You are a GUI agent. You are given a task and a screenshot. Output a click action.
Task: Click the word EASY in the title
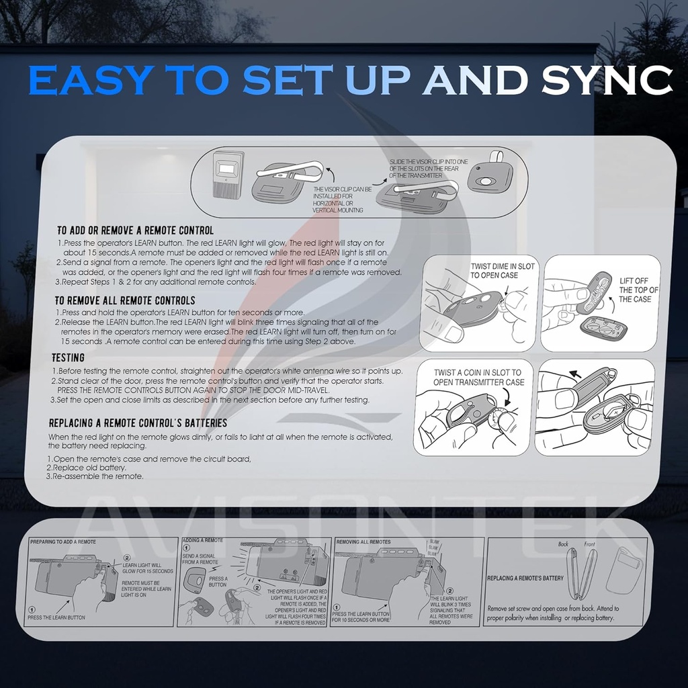pyautogui.click(x=89, y=80)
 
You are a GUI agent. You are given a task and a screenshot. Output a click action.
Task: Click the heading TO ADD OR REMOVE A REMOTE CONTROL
pyautogui.click(x=135, y=230)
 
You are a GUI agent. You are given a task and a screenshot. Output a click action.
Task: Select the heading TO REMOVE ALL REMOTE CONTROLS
pyautogui.click(x=125, y=300)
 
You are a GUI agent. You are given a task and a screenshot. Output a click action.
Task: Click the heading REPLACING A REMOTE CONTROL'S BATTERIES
pyautogui.click(x=138, y=423)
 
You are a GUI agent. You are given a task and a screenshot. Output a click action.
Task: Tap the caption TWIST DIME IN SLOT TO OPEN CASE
pyautogui.click(x=503, y=271)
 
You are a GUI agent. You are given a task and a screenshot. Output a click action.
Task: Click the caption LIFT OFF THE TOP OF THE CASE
pyautogui.click(x=638, y=290)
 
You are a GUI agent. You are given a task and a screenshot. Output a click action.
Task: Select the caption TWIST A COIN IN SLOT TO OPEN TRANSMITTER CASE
pyautogui.click(x=477, y=377)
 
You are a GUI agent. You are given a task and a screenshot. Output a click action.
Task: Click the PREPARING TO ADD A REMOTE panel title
pyautogui.click(x=64, y=542)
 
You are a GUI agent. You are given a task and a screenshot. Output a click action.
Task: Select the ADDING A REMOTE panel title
pyautogui.click(x=202, y=540)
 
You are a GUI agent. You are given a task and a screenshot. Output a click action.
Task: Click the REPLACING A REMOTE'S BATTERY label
pyautogui.click(x=525, y=578)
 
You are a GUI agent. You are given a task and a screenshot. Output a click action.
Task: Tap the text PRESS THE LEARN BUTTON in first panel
pyautogui.click(x=56, y=617)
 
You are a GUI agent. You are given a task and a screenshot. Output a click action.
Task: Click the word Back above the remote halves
pyautogui.click(x=564, y=544)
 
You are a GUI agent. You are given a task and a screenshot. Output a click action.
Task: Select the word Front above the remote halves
pyautogui.click(x=589, y=544)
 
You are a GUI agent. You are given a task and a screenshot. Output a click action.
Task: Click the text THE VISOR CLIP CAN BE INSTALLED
pyautogui.click(x=343, y=190)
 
